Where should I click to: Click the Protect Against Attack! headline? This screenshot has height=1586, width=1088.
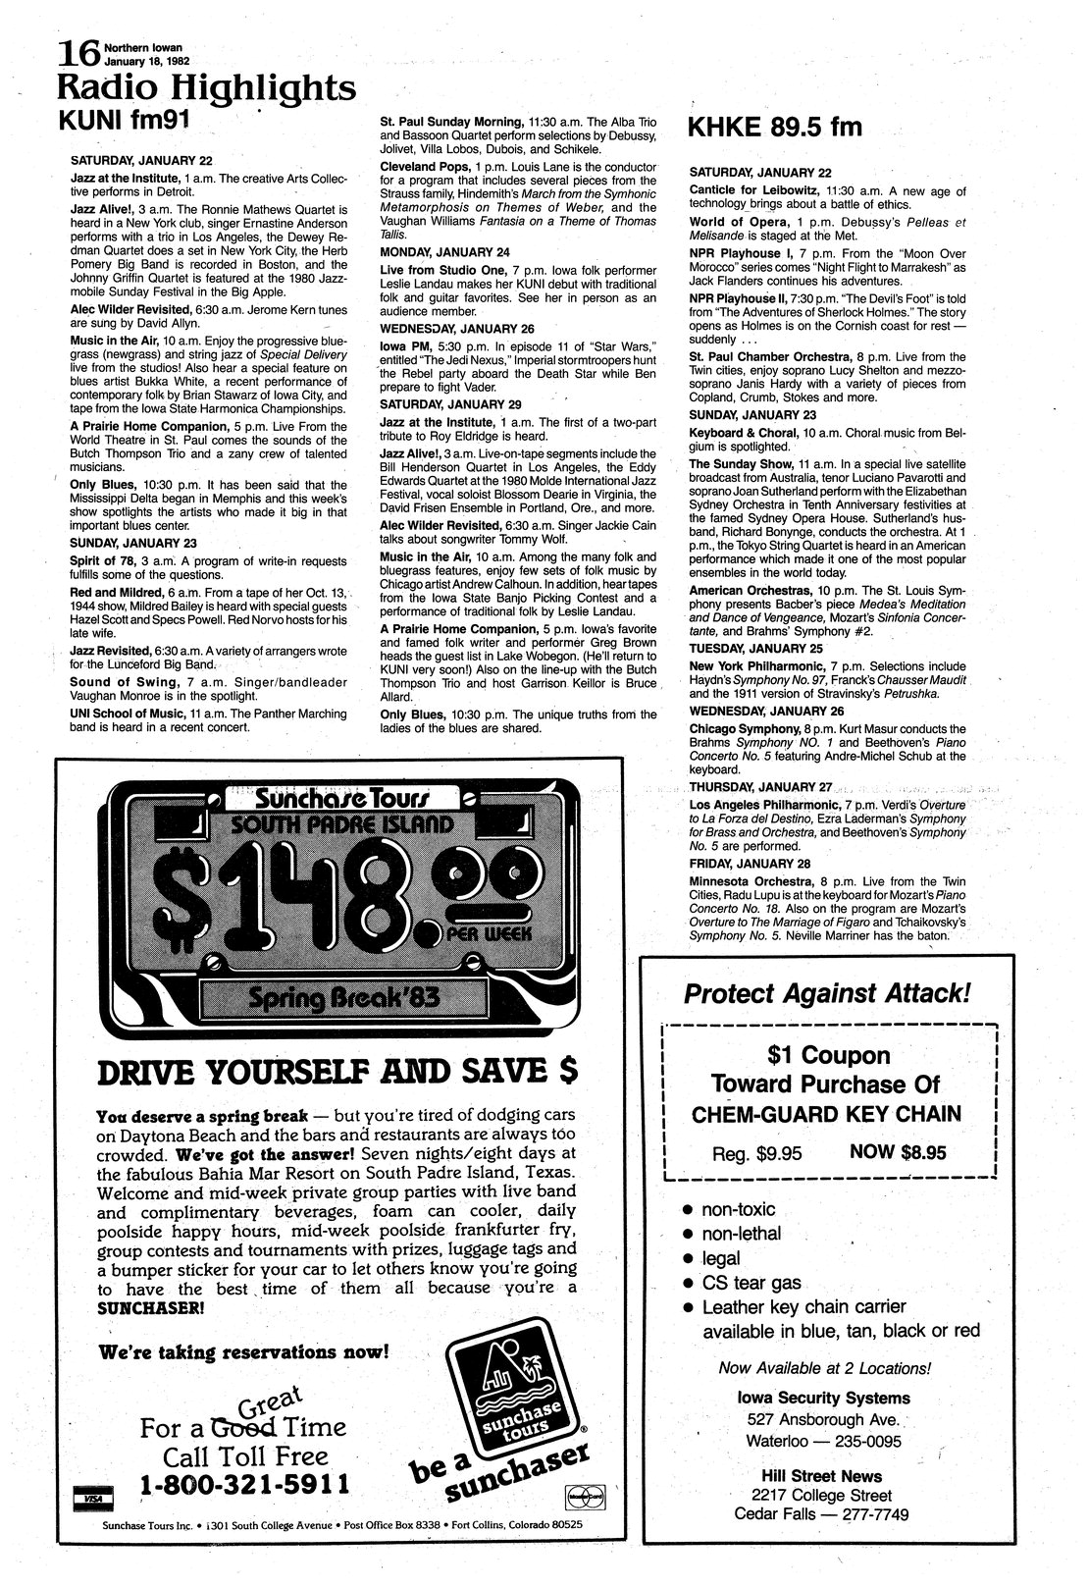point(827,993)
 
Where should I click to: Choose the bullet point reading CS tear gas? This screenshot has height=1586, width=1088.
point(751,1283)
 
